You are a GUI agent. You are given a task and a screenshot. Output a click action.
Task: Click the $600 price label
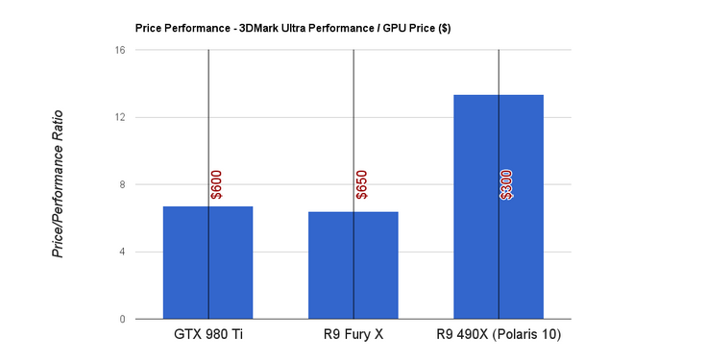pos(216,184)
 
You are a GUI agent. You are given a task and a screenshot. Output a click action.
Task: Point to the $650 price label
pos(361,184)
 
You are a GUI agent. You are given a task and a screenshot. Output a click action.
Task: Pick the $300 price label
pos(506,184)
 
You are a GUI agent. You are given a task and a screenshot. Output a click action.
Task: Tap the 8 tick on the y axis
pos(122,184)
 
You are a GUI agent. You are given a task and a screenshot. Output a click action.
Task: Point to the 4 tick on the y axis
pos(122,252)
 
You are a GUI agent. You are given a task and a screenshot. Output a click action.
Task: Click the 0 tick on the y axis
pos(122,319)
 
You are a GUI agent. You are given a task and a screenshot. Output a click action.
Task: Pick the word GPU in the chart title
pos(392,28)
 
